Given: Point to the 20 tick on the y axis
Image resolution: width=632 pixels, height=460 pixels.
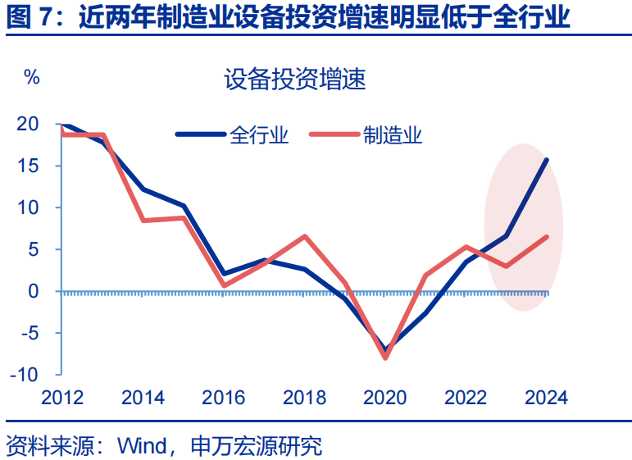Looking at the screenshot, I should (x=28, y=125).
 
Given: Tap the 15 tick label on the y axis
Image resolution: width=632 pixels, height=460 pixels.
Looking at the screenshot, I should (x=28, y=166).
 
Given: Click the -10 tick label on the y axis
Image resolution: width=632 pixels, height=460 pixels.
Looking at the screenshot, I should (x=25, y=375).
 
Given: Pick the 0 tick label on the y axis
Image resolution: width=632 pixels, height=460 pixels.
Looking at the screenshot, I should (x=33, y=291).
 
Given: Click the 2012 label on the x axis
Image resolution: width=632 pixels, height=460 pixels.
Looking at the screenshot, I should (x=62, y=399).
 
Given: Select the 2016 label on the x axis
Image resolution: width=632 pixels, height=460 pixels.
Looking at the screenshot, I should (x=224, y=399).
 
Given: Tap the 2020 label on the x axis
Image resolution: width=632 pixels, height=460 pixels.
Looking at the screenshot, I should (x=385, y=399).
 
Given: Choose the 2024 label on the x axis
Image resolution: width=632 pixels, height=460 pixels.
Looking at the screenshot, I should (x=546, y=399).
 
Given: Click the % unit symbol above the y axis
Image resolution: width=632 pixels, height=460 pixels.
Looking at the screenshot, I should (x=32, y=78).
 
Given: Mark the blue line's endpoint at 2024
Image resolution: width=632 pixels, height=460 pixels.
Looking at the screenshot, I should (x=547, y=160).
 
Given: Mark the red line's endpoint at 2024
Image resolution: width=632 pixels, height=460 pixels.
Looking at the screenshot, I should (x=547, y=237).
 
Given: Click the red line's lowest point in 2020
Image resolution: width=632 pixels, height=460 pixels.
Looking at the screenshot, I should (x=385, y=358).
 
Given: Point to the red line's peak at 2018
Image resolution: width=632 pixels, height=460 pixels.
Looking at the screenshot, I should (x=305, y=236).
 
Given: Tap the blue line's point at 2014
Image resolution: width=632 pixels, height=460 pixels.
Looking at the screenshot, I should (x=143, y=189).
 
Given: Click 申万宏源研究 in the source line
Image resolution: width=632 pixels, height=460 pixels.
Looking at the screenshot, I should (x=256, y=446).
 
